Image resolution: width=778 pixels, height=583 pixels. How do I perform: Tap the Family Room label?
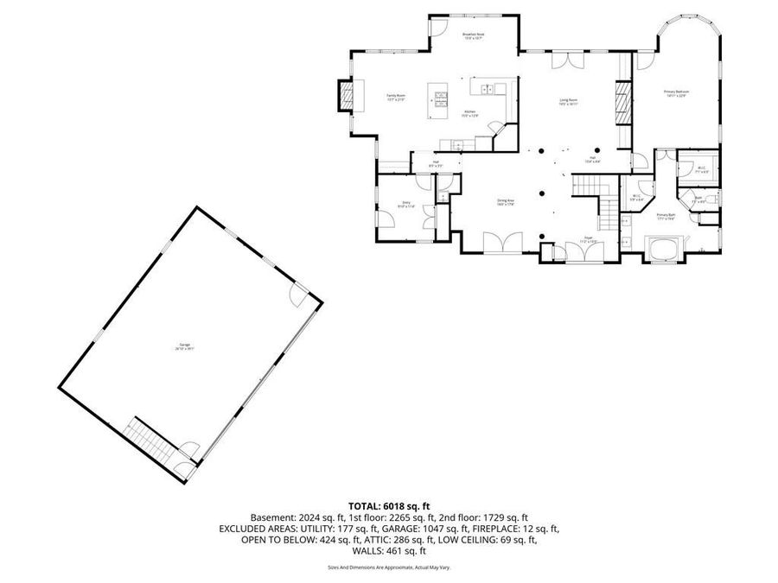pos(396,98)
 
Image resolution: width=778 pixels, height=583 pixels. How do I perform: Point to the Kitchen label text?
pos(469,112)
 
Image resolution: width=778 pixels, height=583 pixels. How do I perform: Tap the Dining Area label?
pos(506,202)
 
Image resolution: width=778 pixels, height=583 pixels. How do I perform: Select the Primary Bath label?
pos(666,216)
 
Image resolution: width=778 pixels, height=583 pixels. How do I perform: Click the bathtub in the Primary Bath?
pos(666,248)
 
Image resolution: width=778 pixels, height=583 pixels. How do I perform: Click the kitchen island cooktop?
pos(439,101)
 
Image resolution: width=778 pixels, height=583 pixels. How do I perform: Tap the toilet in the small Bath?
pos(711,200)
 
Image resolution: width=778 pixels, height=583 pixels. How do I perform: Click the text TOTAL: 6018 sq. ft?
pos(389,505)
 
